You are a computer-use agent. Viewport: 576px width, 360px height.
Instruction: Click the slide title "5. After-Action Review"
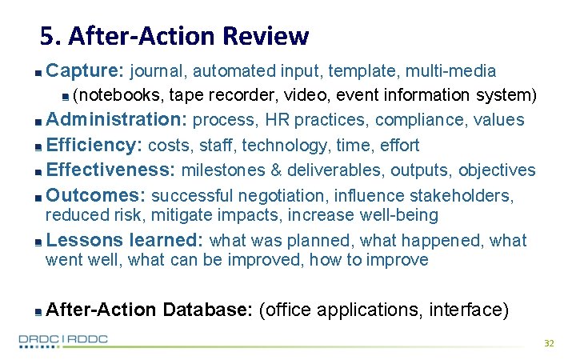click(174, 36)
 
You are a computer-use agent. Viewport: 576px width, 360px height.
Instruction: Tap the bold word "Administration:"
click(117, 120)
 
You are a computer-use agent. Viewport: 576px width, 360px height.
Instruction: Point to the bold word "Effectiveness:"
click(111, 170)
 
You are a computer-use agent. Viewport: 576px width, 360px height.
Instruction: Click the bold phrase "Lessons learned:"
click(126, 240)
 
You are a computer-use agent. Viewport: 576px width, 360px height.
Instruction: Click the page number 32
click(549, 342)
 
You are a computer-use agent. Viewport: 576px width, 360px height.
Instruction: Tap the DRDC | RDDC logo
click(63, 340)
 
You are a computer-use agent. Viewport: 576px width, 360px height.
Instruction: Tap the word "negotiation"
click(285, 195)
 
